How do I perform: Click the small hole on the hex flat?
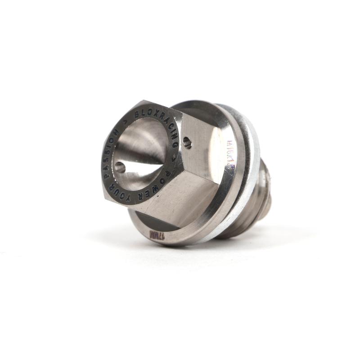click(x=188, y=144)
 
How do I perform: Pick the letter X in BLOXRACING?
click(x=153, y=112)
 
